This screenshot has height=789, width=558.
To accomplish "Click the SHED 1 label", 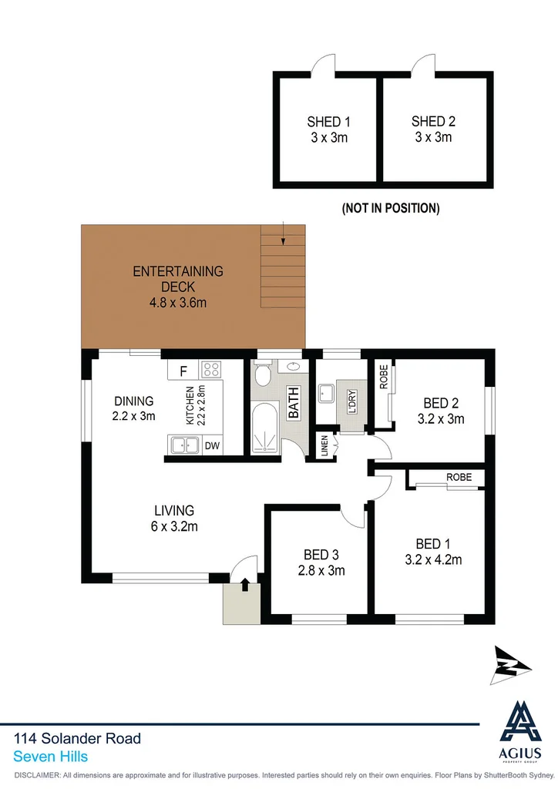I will (329, 121).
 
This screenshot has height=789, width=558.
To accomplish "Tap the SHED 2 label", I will (433, 121).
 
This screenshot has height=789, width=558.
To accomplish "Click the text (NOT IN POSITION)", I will (391, 208).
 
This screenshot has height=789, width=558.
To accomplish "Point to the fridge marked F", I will (183, 371).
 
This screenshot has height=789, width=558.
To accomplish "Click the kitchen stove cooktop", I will (211, 370).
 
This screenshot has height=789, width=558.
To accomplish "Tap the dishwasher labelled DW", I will (211, 445).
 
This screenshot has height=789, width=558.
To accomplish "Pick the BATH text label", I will (293, 403).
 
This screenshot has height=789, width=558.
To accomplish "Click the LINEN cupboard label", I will (324, 446).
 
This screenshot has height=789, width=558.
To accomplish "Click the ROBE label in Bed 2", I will (383, 376).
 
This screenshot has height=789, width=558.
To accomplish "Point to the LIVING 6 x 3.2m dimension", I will (174, 527).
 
